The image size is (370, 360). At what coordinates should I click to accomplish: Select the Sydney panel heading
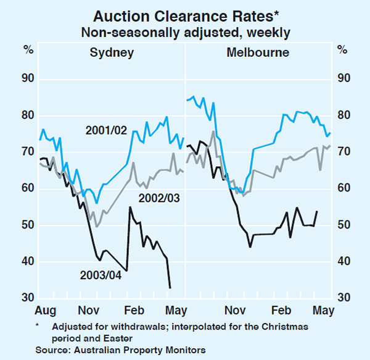click(x=112, y=52)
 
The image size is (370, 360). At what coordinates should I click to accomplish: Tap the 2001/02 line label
click(x=106, y=130)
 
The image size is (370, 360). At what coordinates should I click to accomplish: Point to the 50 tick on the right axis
click(x=343, y=225)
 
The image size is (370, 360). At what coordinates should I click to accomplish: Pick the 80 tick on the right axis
click(x=343, y=115)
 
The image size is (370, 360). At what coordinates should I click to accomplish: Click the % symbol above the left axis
click(x=27, y=50)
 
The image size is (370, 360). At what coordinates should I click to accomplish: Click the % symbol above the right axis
click(x=342, y=50)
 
